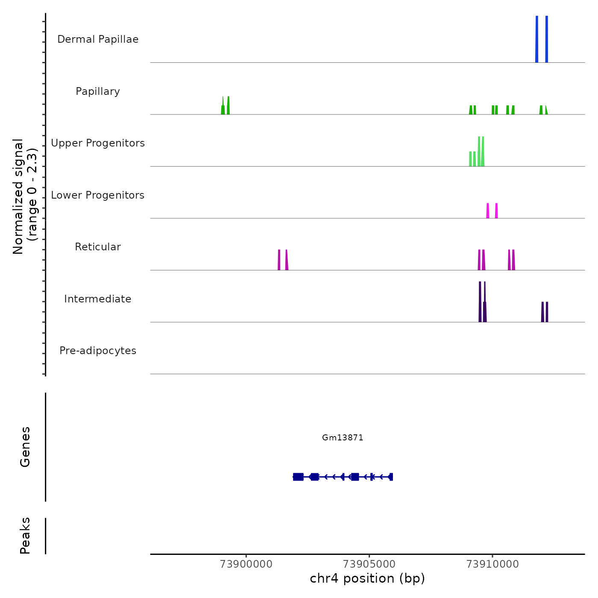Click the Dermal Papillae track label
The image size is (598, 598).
click(98, 39)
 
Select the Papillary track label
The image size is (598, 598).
click(98, 91)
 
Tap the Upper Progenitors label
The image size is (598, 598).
click(98, 143)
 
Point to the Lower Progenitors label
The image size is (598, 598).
click(98, 195)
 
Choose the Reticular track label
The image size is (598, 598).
click(98, 247)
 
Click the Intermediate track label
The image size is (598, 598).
click(98, 299)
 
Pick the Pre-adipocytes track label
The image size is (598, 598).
click(98, 351)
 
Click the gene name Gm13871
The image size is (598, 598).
click(343, 438)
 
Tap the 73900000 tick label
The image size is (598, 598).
click(246, 564)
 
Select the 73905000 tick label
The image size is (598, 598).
click(369, 564)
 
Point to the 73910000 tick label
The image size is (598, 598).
click(492, 564)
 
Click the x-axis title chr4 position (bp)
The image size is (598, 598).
click(367, 579)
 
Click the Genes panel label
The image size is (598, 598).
click(25, 447)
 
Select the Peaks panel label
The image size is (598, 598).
click(25, 536)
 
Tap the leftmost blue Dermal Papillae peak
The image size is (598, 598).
click(537, 39)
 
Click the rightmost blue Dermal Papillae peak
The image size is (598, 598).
click(547, 39)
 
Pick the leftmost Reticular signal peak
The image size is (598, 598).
click(279, 260)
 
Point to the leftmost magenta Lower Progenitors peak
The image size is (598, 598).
click(488, 211)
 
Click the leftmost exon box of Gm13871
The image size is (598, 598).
click(298, 477)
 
